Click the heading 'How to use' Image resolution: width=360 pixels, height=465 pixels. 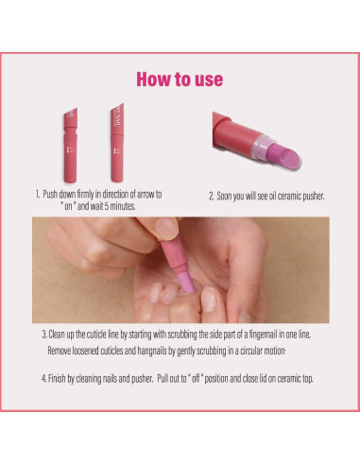[x=180, y=77]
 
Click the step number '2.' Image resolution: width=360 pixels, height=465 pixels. [x=212, y=198]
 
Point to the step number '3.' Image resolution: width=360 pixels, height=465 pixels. [x=43, y=335]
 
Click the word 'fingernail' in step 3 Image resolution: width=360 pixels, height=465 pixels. [x=258, y=335]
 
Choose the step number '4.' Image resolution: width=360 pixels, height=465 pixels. [x=43, y=378]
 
